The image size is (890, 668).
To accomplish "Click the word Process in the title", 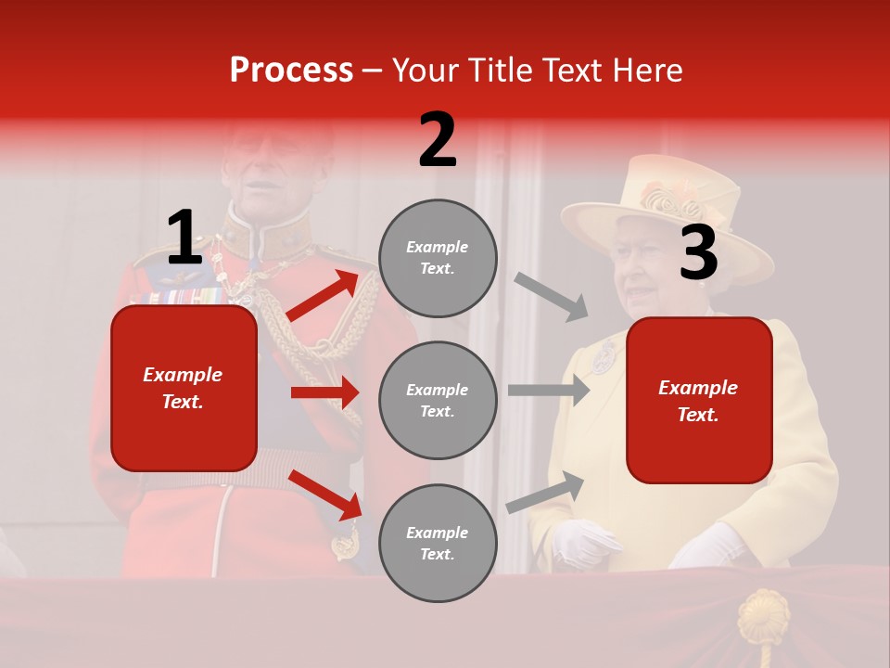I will (291, 71).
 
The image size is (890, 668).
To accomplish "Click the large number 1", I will (184, 238).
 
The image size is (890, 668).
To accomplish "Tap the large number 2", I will (438, 141).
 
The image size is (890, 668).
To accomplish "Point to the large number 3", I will (698, 253).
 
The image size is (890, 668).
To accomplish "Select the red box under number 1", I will (184, 388).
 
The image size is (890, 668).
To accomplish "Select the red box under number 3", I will (699, 401).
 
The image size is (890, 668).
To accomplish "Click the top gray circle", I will (438, 258).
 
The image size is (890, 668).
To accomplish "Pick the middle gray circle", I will (438, 401).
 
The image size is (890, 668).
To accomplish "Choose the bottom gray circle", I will (438, 544).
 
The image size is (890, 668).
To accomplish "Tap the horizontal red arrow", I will (324, 392).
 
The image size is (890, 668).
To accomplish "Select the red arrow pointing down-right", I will (325, 495).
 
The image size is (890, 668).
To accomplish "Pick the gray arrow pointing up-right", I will (546, 493).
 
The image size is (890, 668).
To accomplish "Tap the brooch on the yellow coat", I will (604, 356).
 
